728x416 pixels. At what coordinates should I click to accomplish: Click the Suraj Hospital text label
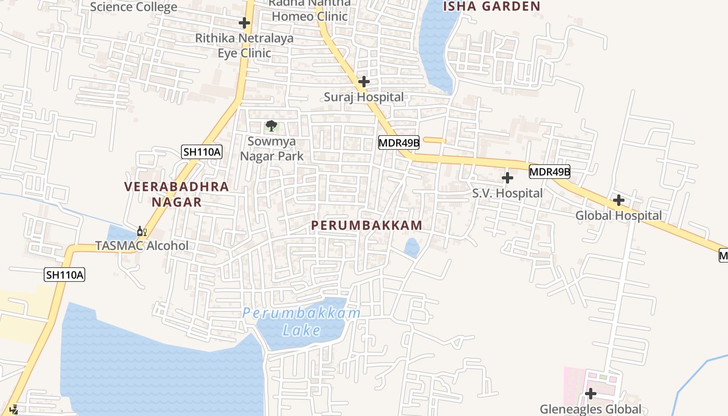(x=363, y=97)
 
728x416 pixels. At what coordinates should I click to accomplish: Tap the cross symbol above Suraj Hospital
(x=364, y=82)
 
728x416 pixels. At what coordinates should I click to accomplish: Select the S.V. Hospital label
(x=507, y=193)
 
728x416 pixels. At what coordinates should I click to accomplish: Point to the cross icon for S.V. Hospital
(x=508, y=178)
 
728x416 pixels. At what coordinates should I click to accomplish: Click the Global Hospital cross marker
(x=618, y=200)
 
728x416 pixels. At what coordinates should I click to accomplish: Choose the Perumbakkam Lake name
(x=302, y=321)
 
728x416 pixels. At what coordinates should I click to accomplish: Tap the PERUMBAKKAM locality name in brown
(x=367, y=225)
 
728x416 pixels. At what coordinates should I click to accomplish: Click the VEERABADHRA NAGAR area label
(x=176, y=194)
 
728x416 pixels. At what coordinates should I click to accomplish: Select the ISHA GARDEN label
(x=491, y=6)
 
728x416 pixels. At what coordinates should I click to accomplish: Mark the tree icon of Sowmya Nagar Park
(x=271, y=125)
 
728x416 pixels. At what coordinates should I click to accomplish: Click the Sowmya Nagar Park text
(x=271, y=148)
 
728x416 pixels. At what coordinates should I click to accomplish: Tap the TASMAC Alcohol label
(x=141, y=245)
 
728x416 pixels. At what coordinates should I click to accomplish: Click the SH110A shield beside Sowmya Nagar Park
(x=202, y=152)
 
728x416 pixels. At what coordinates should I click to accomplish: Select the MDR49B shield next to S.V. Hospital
(x=550, y=172)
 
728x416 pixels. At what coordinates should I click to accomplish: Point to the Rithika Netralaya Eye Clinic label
(x=244, y=45)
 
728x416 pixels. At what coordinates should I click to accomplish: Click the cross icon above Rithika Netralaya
(x=244, y=23)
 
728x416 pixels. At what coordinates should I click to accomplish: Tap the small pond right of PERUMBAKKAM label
(x=412, y=248)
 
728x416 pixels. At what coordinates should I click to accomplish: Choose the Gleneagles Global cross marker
(x=590, y=394)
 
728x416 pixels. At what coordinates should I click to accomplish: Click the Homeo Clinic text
(x=309, y=16)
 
